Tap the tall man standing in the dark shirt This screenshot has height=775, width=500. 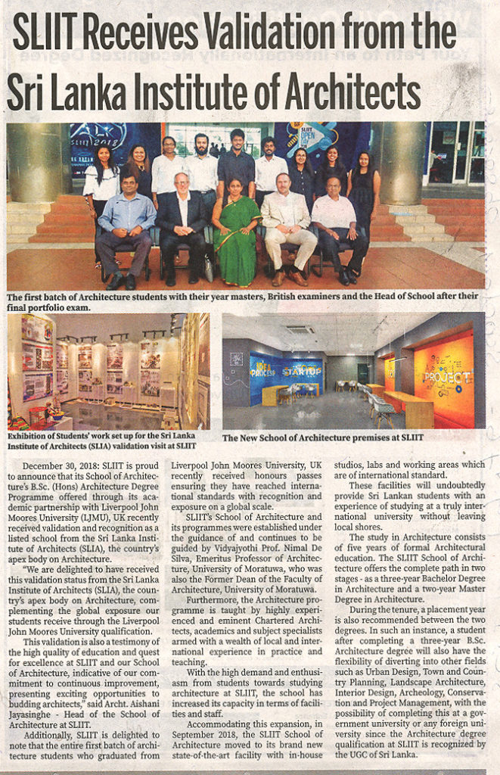(x=237, y=163)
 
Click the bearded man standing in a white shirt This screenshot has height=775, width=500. (x=203, y=167)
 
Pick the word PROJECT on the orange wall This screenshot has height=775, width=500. (x=446, y=375)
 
